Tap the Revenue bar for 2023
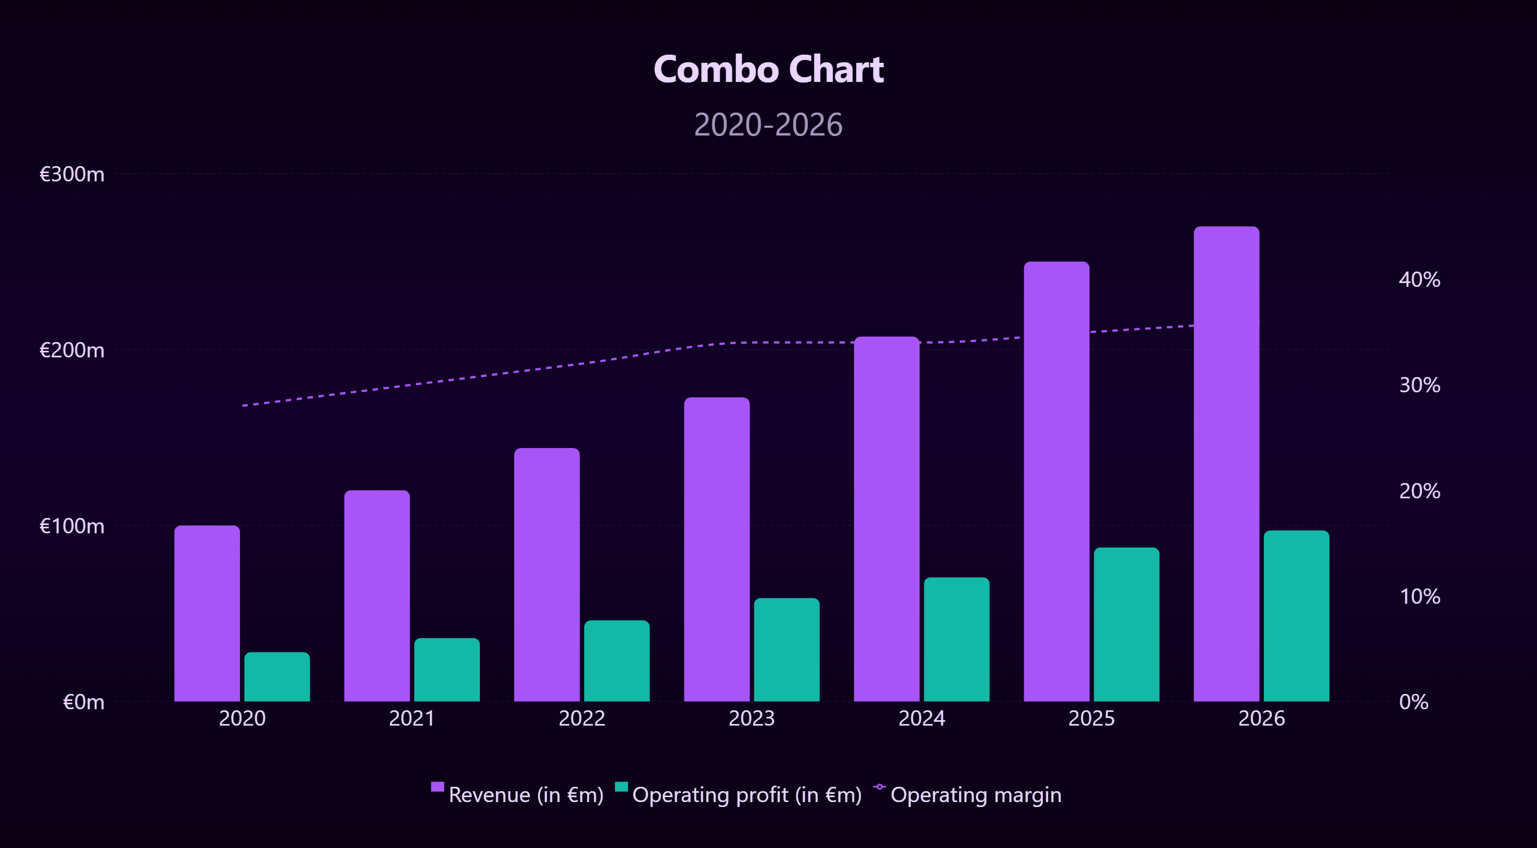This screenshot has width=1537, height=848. coord(717,549)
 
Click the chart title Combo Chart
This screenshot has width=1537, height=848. coord(768,69)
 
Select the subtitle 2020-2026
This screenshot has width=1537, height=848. coord(768,125)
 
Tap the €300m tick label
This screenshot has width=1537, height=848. coord(72,174)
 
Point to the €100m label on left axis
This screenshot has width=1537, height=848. coord(72,526)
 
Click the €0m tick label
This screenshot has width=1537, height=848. coord(84,702)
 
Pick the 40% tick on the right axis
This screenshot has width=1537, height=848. coord(1419,280)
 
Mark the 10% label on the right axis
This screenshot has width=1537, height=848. coord(1419,596)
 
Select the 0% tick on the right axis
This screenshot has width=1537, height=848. coord(1413,702)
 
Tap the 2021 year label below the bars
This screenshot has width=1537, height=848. coord(412,718)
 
